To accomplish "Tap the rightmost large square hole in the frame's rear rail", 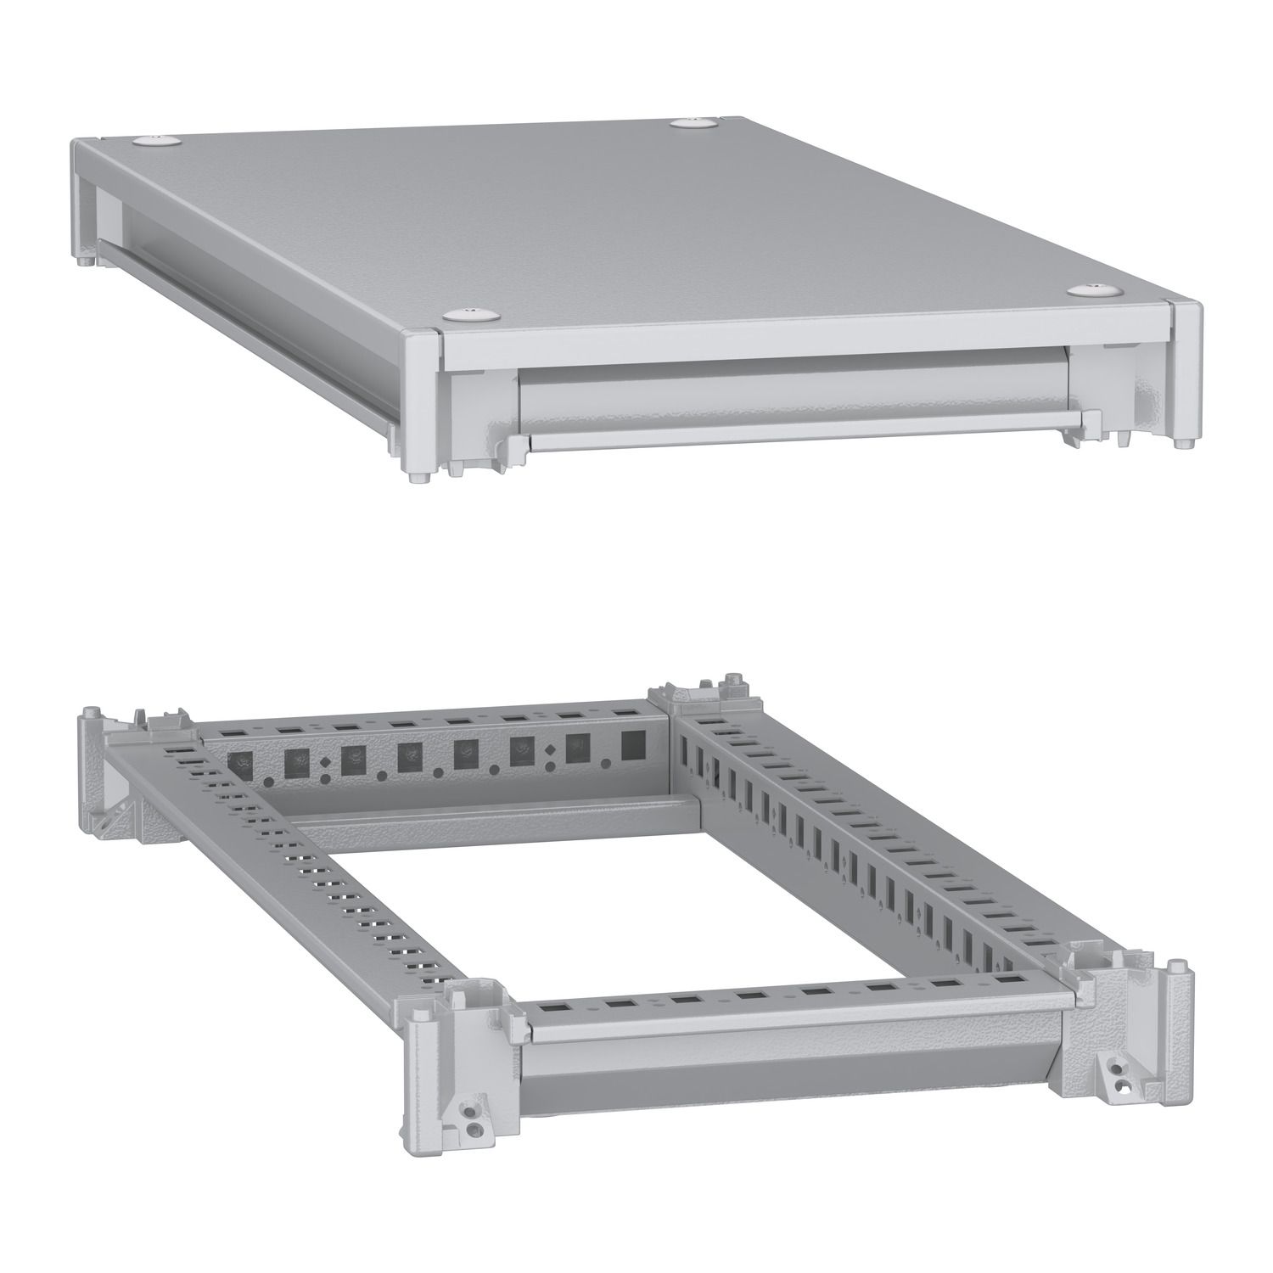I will pyautogui.click(x=633, y=744).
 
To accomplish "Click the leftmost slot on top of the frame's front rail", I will pyautogui.click(x=554, y=1007).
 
